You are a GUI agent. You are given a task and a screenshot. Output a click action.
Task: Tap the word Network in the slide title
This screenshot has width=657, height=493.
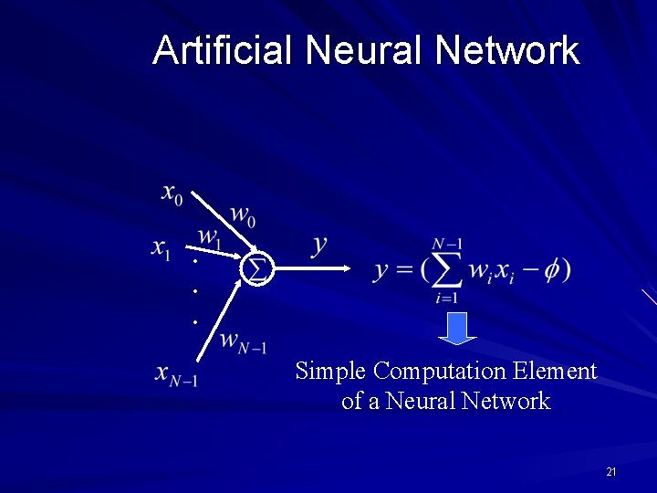(x=507, y=50)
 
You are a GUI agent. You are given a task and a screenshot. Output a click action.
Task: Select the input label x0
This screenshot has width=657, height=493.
(x=172, y=193)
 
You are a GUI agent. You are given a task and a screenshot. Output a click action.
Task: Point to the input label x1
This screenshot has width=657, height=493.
(x=162, y=247)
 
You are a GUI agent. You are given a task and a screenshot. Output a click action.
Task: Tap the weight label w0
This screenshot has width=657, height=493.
(x=243, y=216)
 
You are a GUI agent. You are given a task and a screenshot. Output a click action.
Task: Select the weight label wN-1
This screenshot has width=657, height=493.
(x=243, y=342)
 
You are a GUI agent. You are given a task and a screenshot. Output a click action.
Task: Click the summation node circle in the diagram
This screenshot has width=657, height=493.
(x=258, y=268)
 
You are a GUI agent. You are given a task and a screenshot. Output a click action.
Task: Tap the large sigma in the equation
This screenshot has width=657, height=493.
(x=446, y=269)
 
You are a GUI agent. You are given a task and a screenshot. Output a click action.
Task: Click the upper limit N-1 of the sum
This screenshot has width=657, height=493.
(x=447, y=244)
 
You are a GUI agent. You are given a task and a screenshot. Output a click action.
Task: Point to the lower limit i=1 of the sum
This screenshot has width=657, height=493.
(x=446, y=298)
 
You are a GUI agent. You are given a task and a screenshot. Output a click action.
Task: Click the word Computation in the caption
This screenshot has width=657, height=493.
(x=440, y=372)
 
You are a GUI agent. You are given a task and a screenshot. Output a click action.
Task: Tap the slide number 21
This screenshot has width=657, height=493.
(x=610, y=472)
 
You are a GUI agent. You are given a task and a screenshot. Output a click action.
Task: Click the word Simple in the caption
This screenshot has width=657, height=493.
(x=332, y=372)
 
